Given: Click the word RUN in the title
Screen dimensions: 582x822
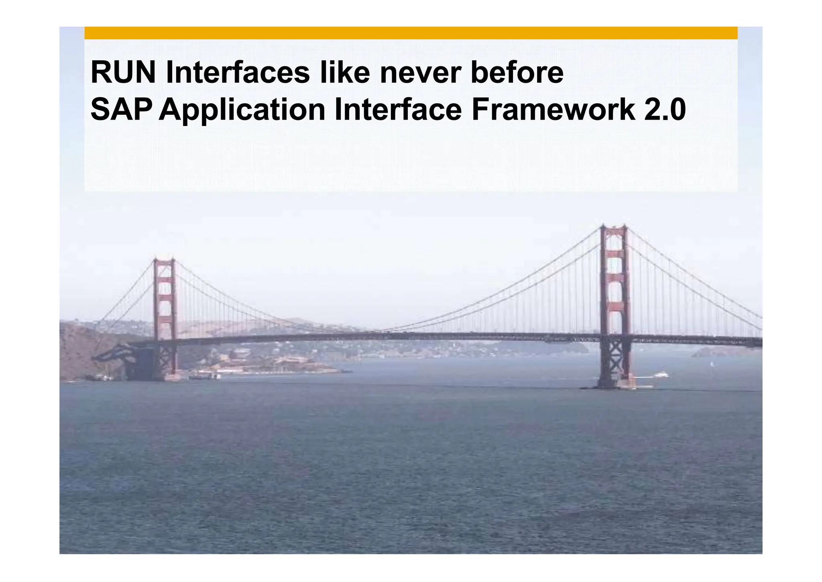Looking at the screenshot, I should click(123, 73).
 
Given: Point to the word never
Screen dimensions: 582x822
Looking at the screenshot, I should click(420, 73).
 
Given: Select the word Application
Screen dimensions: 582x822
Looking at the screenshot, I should click(242, 110).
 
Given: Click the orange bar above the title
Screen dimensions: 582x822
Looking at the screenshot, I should click(411, 33).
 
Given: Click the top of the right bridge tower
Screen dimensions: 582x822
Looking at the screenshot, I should click(613, 227).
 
